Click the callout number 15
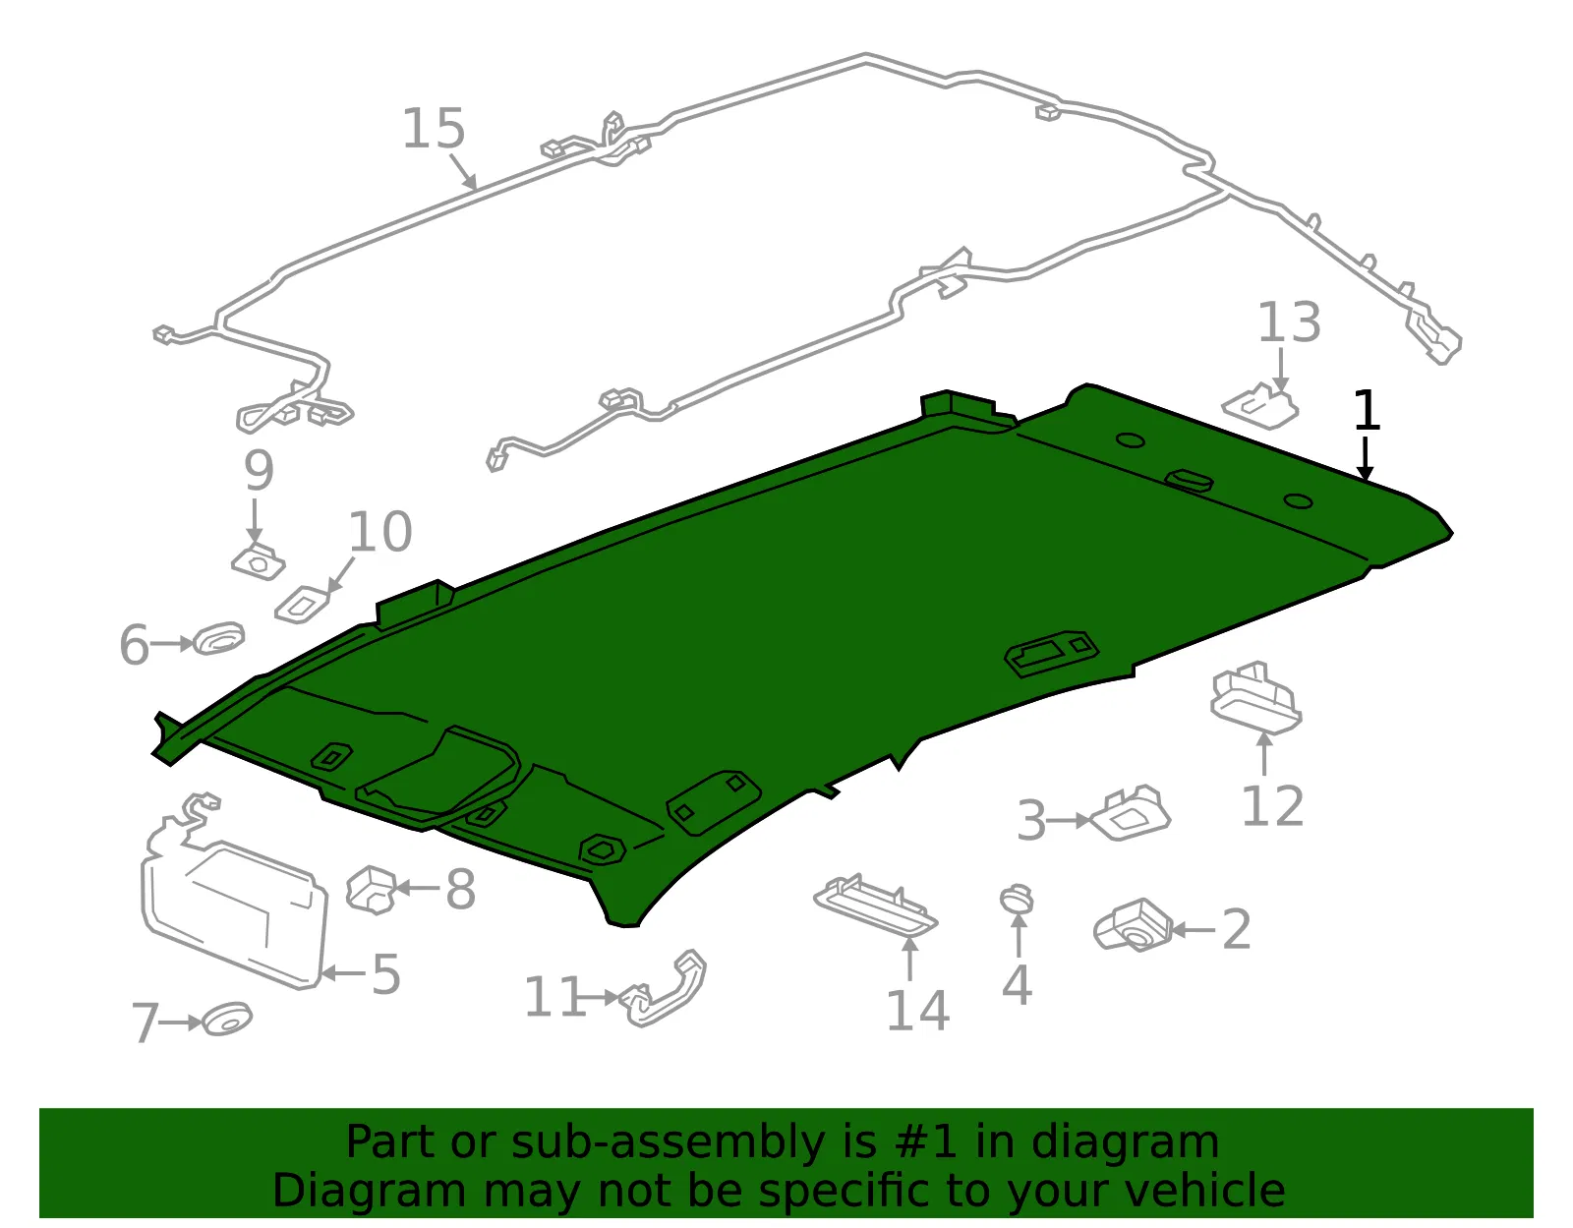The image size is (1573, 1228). tap(433, 129)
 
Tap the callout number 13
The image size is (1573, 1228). tap(1289, 322)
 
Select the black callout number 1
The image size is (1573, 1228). tap(1366, 410)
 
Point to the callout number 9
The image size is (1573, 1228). tap(259, 470)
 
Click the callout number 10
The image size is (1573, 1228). tap(380, 532)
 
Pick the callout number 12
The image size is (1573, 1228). tap(1272, 805)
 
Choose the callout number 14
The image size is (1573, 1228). tap(918, 1010)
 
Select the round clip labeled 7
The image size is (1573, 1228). tap(226, 1020)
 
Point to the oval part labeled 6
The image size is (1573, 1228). tap(218, 638)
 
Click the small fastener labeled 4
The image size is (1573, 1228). tap(1018, 899)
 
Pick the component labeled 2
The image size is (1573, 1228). tap(1133, 926)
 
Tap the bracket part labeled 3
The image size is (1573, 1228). tap(1130, 814)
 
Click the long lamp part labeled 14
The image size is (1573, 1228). tap(875, 906)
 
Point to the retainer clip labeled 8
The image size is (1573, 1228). tap(372, 890)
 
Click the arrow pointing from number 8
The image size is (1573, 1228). tap(417, 888)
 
